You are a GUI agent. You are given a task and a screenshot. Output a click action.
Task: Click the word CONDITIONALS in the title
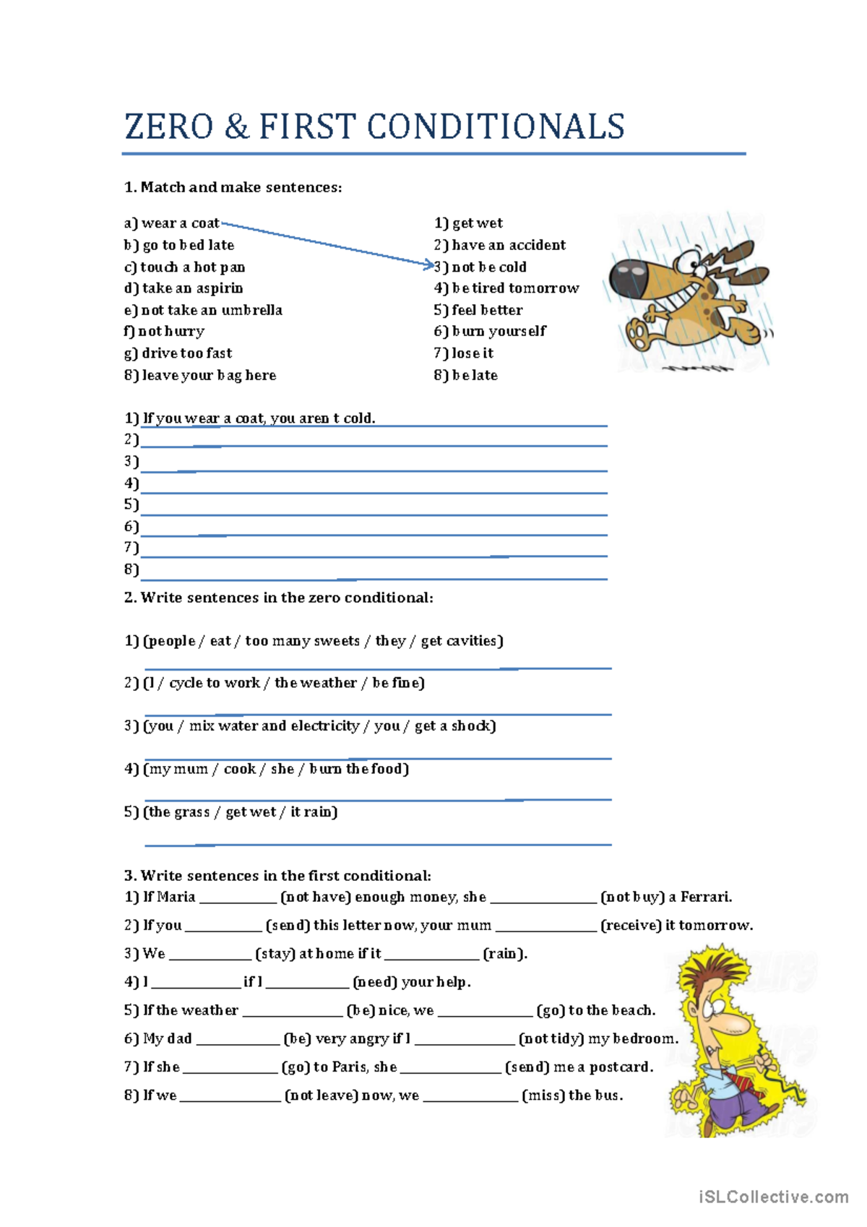point(496,126)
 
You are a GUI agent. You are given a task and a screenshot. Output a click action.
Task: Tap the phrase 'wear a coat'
point(181,223)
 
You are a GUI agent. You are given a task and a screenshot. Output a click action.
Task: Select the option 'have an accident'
point(509,245)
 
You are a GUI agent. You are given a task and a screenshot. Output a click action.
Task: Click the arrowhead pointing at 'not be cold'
point(429,265)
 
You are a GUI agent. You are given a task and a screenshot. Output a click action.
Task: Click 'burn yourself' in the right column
point(499,331)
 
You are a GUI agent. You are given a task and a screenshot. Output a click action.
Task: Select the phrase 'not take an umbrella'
point(212,310)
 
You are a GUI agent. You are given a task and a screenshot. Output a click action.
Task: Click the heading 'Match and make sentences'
point(241,187)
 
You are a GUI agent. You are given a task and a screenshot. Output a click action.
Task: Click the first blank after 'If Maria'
point(238,898)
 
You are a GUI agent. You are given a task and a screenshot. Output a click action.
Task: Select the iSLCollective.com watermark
point(773,1197)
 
